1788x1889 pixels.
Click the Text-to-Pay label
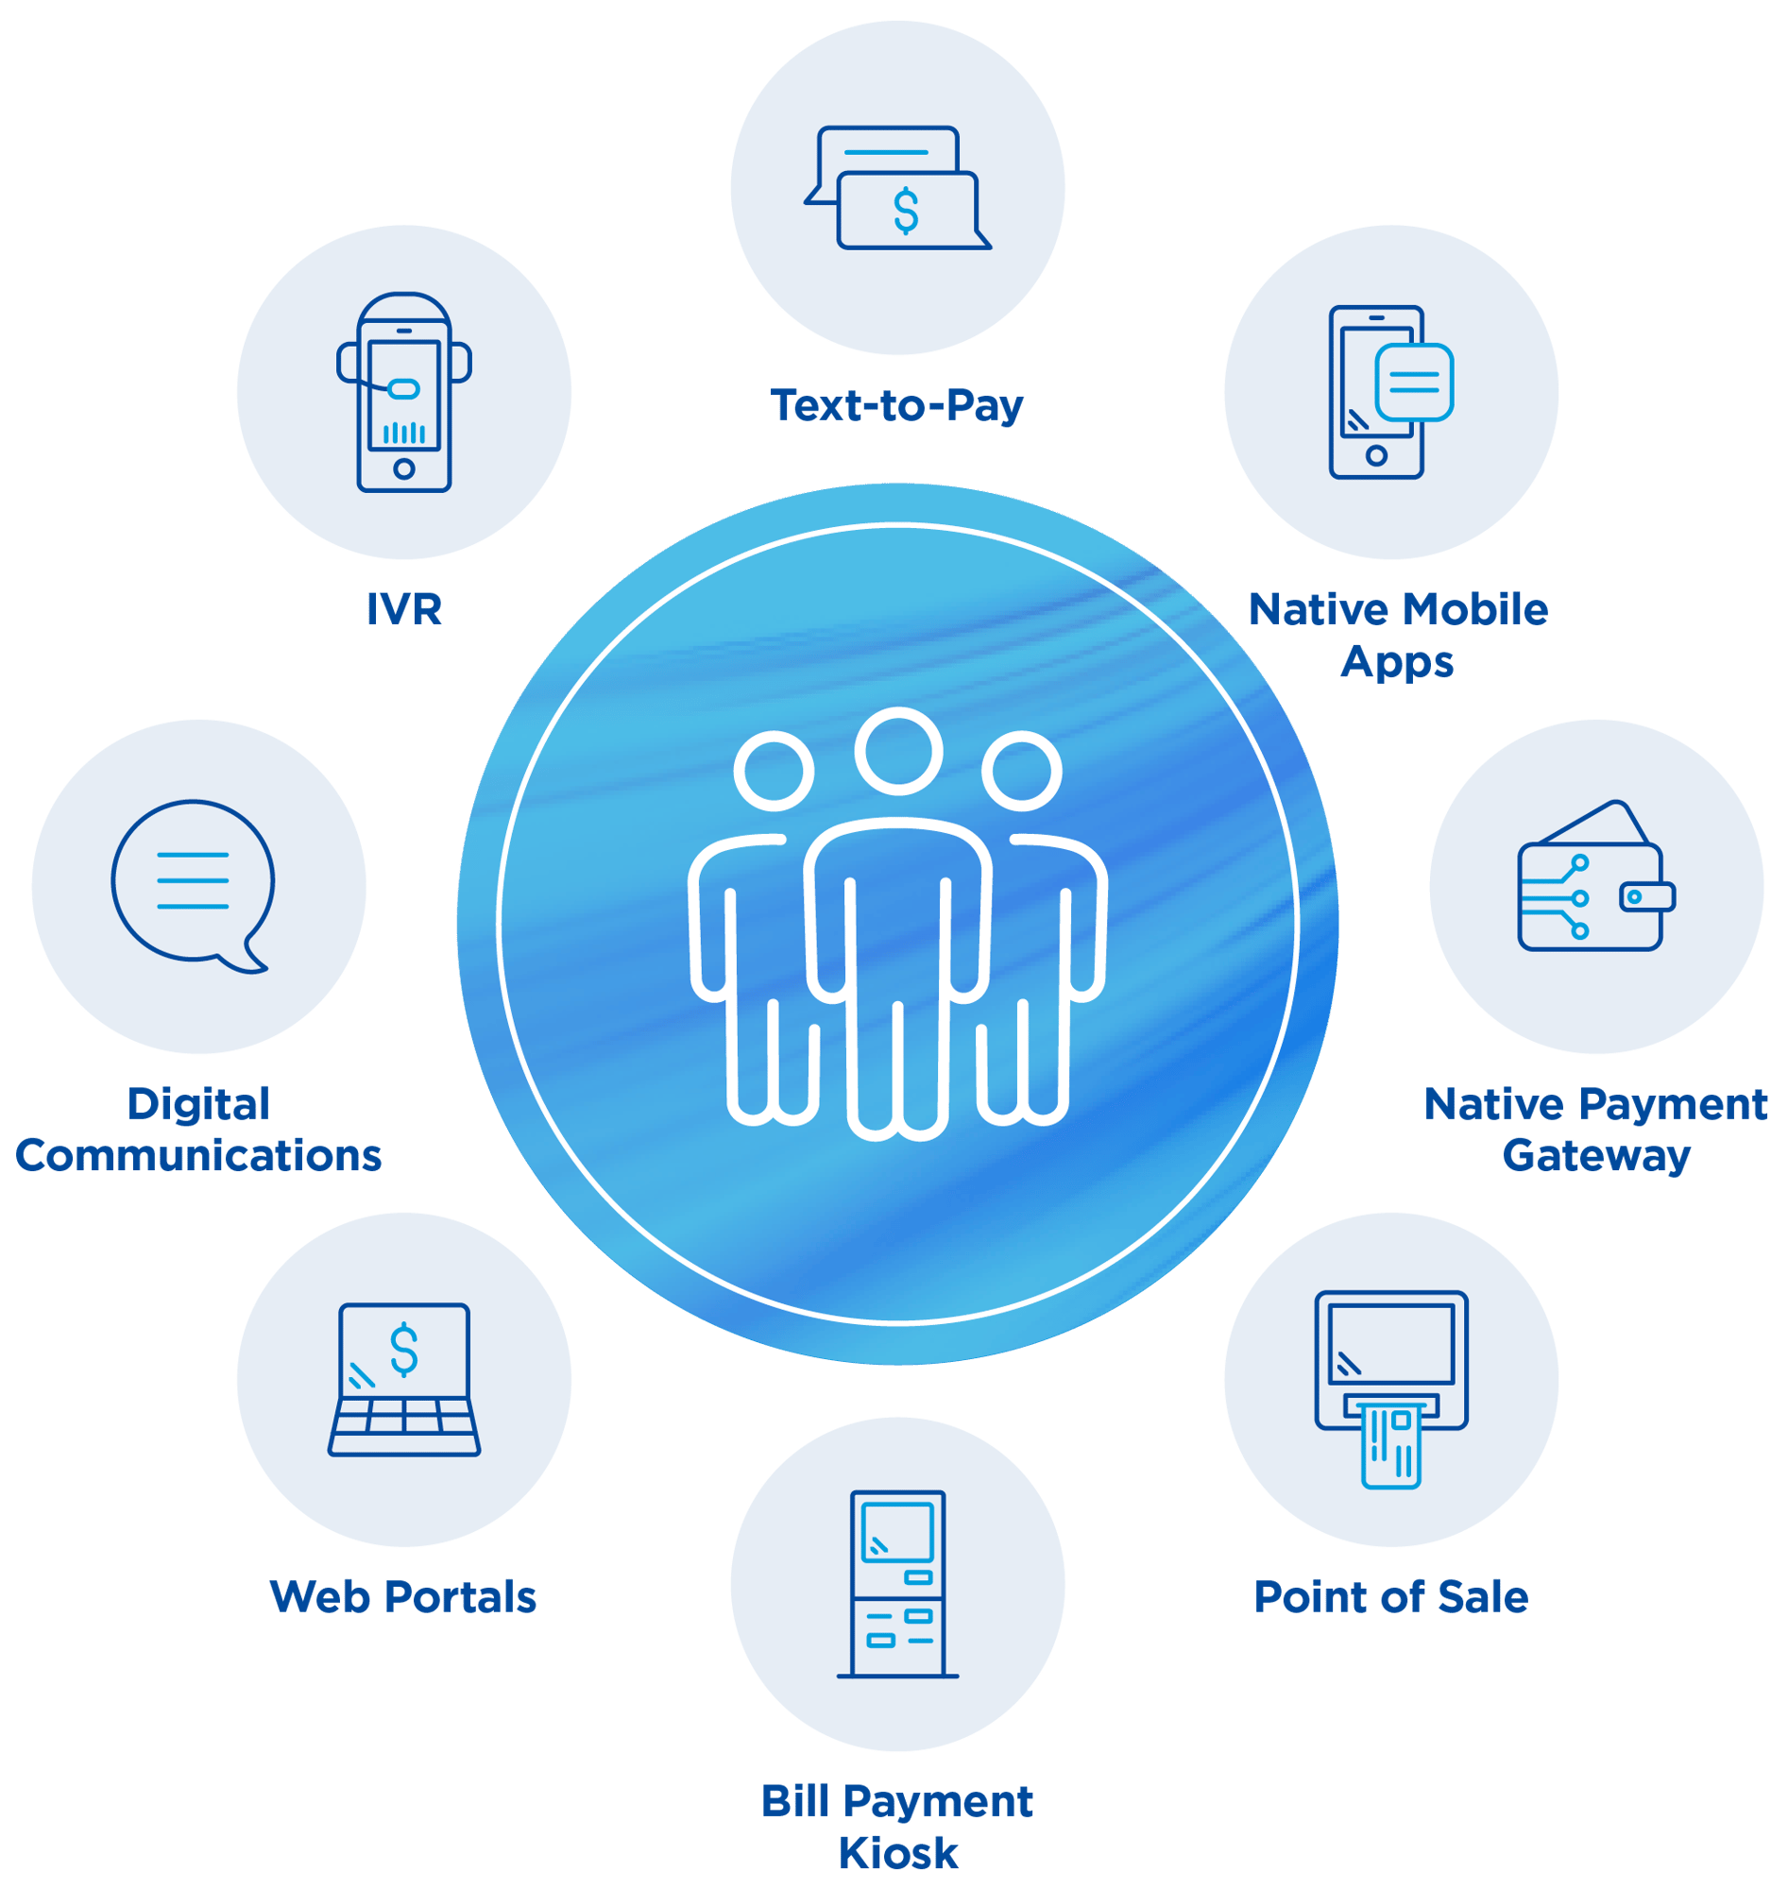coord(897,406)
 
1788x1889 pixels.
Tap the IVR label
coord(404,609)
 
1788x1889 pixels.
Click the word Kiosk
coord(898,1853)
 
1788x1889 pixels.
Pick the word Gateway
coord(1596,1157)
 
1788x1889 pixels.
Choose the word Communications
coord(198,1155)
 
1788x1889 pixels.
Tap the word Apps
coord(1397,662)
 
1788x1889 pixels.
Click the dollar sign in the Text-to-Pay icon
coord(907,211)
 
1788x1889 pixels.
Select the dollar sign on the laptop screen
coord(404,1350)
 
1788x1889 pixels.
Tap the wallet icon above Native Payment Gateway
coord(1596,876)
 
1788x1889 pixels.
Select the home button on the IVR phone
coord(404,468)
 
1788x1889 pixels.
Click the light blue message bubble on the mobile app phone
coord(1414,383)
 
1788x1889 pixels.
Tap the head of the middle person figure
coord(899,751)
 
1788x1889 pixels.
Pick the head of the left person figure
coord(774,771)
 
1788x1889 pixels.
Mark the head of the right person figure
coord(1022,771)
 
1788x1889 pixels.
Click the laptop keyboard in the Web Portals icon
coord(404,1427)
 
